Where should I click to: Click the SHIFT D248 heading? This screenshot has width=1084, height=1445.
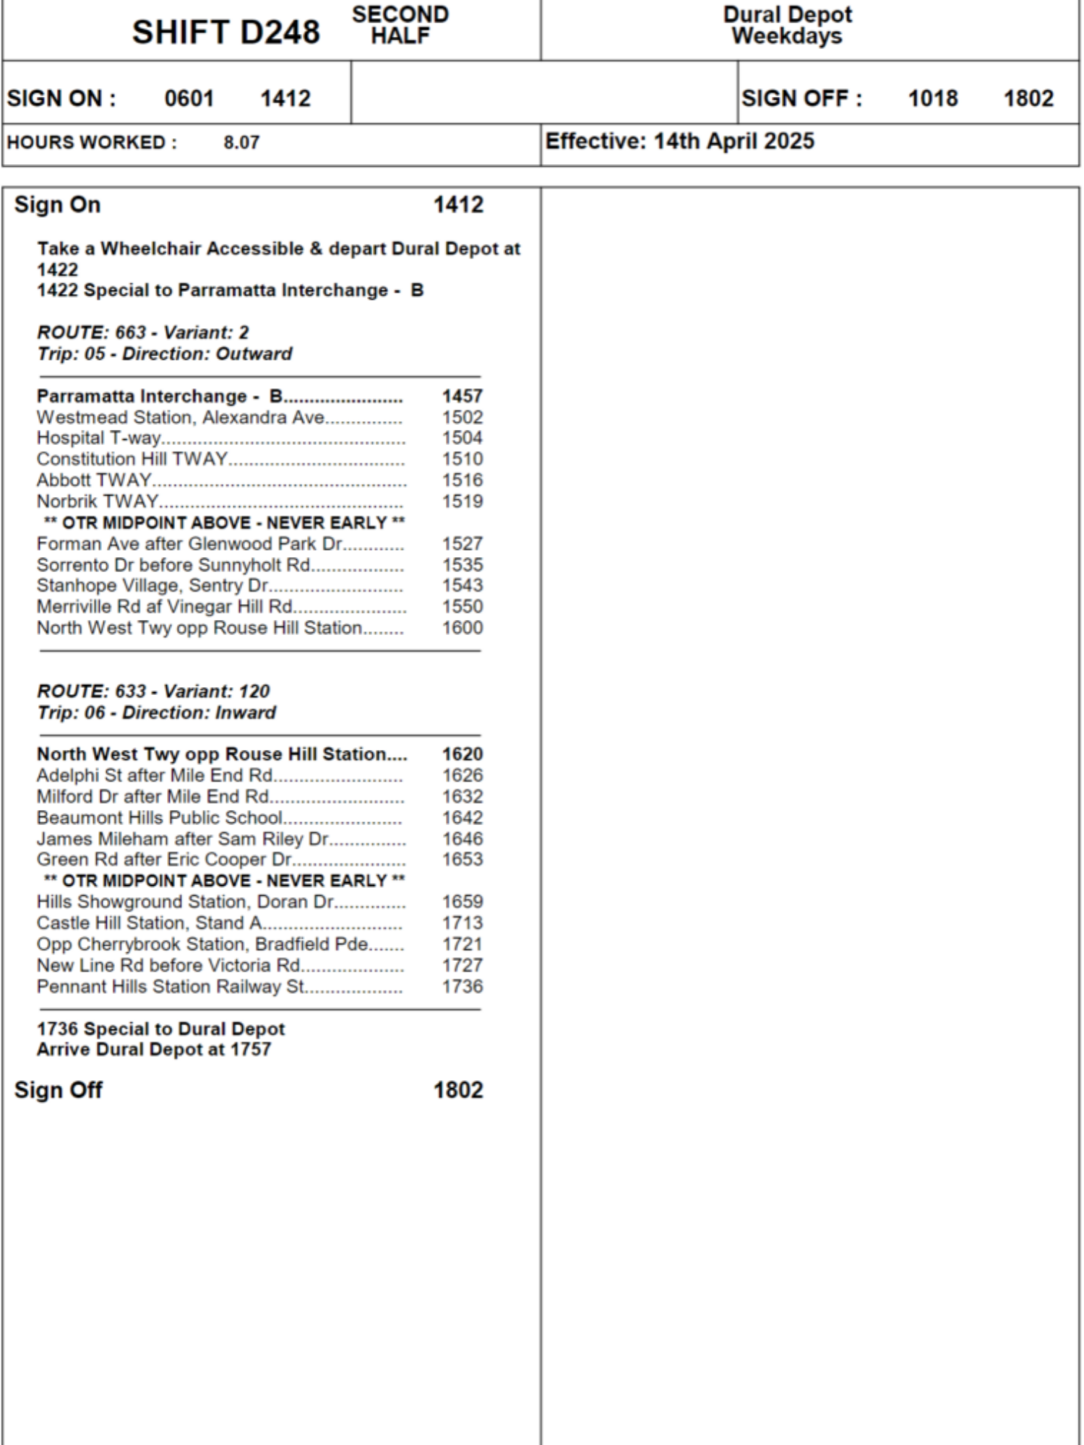click(225, 33)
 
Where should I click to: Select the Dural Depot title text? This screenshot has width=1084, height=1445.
click(787, 14)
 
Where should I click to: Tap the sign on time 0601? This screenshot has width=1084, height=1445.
click(189, 98)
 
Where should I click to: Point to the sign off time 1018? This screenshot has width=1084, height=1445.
click(932, 98)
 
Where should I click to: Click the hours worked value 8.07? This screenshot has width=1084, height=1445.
click(241, 142)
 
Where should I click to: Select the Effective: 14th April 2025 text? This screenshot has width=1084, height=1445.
click(679, 141)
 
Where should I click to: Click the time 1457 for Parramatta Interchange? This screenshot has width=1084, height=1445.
click(462, 396)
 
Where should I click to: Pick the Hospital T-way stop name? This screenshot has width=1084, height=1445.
click(98, 438)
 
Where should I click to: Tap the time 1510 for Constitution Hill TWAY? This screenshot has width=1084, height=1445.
click(462, 459)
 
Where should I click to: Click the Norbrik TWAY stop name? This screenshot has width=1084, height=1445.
click(98, 501)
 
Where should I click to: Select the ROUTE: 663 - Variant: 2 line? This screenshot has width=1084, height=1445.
click(143, 332)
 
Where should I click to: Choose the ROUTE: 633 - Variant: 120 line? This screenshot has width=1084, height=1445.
click(153, 691)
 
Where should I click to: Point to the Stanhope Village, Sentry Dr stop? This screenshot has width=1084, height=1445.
click(152, 585)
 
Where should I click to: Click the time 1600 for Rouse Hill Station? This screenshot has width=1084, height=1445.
click(462, 628)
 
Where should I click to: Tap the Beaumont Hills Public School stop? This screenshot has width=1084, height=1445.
click(159, 818)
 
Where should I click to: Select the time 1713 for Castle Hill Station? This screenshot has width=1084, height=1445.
click(462, 923)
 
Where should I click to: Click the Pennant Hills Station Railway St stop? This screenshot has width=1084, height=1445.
click(171, 986)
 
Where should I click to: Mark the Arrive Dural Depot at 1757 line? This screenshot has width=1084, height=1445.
click(154, 1049)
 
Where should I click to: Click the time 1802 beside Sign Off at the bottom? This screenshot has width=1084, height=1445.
click(457, 1090)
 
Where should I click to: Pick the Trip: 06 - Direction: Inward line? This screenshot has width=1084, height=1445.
click(157, 712)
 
